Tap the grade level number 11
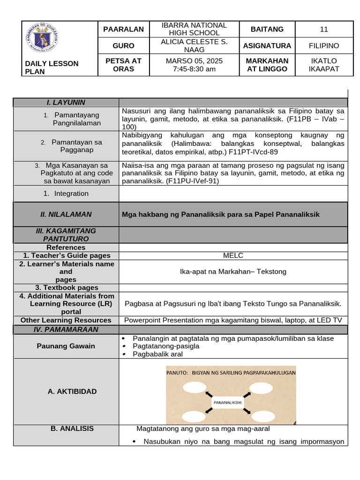click(x=324, y=29)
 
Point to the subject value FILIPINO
click(x=324, y=45)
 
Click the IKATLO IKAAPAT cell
click(x=324, y=65)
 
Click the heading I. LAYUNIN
click(x=66, y=102)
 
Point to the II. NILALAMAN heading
click(x=66, y=214)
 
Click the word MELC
click(x=233, y=255)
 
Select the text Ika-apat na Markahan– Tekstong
click(x=233, y=271)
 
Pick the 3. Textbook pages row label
click(x=66, y=288)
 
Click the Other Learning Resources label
click(x=66, y=320)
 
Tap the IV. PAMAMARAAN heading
click(x=66, y=330)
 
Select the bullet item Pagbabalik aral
click(x=157, y=354)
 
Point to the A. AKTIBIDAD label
click(x=66, y=391)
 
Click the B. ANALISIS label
click(x=66, y=428)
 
